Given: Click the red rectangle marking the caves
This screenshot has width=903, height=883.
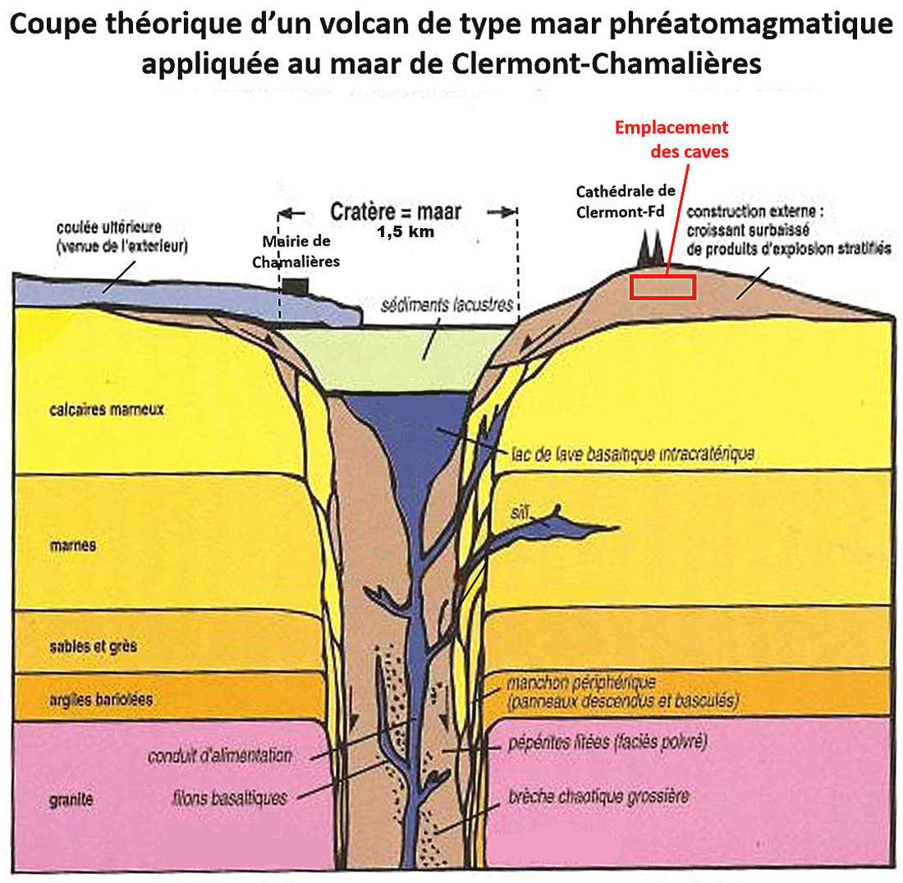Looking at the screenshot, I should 662,287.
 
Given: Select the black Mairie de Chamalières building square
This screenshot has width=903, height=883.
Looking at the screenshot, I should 296,286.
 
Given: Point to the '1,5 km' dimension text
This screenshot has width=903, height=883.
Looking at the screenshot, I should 406,232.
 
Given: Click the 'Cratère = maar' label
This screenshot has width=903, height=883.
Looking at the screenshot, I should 396,211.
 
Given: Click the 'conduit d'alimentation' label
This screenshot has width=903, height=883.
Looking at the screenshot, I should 219,755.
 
